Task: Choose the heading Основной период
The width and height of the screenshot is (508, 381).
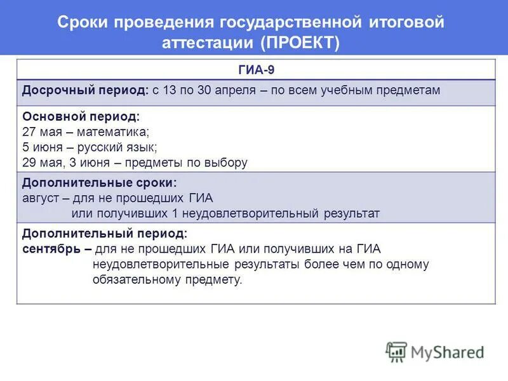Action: [81, 117]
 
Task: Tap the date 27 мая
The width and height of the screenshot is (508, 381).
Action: [43, 132]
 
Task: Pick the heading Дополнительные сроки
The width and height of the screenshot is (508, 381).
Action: [99, 183]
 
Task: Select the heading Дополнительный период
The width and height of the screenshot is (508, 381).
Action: [105, 233]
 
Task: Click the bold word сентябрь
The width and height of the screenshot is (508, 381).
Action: [51, 248]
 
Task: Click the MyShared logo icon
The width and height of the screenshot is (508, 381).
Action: [396, 351]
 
